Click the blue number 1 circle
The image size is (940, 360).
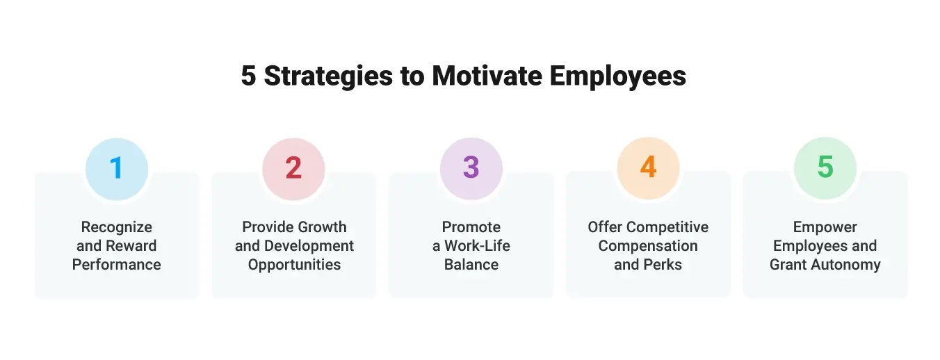click(117, 169)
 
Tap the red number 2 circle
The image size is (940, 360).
click(293, 169)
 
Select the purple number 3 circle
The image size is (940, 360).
click(471, 169)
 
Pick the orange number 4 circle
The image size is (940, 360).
click(648, 169)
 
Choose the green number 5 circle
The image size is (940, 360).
click(825, 169)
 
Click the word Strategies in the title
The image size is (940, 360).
click(330, 76)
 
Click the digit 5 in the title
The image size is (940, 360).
click(248, 76)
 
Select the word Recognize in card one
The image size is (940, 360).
click(117, 227)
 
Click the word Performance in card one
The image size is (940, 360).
click(117, 265)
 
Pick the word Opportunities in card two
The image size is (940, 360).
click(294, 265)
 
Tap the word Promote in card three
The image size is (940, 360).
click(471, 227)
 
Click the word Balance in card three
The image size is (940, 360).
click(471, 265)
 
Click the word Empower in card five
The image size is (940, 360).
click(825, 227)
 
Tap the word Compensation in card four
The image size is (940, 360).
click(648, 246)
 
